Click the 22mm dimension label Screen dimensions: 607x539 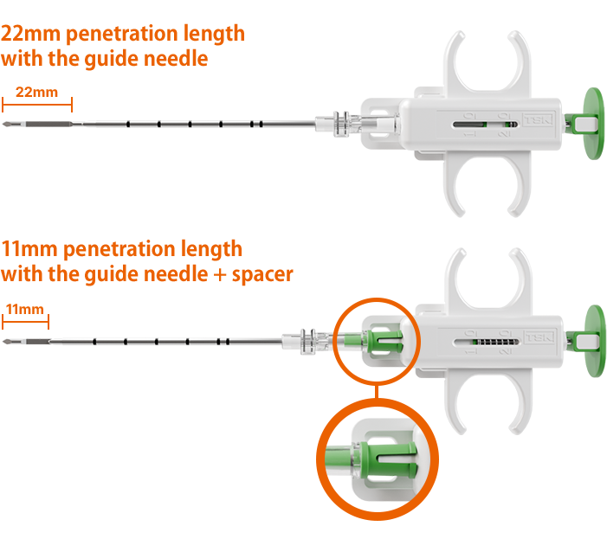click(x=36, y=93)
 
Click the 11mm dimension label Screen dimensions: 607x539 click(x=25, y=310)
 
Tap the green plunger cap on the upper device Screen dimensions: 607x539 click(x=593, y=124)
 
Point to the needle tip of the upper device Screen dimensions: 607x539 click(x=3, y=124)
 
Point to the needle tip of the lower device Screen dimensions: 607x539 click(x=3, y=342)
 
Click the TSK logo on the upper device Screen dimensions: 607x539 click(x=538, y=120)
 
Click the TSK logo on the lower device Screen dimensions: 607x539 click(x=539, y=337)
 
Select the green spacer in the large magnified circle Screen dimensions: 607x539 click(x=388, y=460)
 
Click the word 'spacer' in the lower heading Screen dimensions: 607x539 click(x=262, y=275)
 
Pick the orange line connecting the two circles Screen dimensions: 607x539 click(x=377, y=392)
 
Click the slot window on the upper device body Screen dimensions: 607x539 click(x=486, y=125)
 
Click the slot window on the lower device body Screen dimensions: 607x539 click(x=487, y=342)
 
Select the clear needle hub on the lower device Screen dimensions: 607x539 click(x=306, y=341)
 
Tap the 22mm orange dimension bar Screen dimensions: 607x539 click(x=37, y=105)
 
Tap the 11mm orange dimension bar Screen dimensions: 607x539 click(x=26, y=322)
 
